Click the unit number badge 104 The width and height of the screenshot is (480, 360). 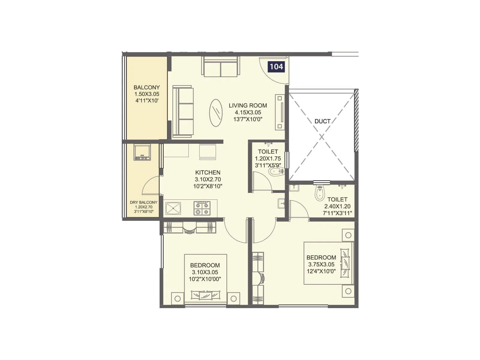276,66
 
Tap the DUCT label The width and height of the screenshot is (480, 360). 322,121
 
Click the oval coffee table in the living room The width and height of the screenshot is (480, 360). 216,113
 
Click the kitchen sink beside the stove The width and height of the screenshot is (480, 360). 173,208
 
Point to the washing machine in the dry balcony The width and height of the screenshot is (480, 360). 142,152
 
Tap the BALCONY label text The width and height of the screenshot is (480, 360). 147,88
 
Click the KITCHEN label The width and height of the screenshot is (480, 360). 208,172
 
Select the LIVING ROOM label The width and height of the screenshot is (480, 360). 248,106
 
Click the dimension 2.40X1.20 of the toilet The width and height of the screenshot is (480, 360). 337,206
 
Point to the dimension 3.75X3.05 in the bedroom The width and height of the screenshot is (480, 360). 321,264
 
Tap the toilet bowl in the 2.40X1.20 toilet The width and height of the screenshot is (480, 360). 319,193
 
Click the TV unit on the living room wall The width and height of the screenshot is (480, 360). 280,112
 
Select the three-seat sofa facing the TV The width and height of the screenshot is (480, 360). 183,112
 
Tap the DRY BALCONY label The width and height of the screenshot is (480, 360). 143,202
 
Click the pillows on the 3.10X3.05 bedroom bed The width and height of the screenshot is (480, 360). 205,295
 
